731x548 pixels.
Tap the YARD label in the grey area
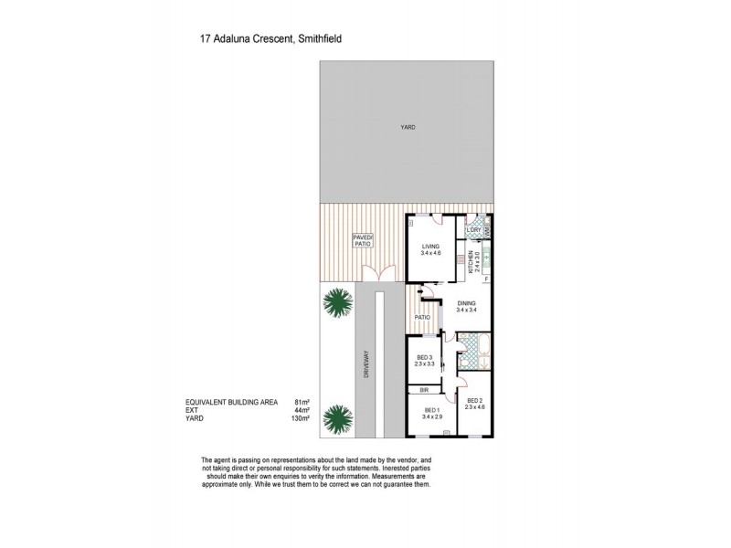point(407,127)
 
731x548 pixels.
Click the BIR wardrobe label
point(424,389)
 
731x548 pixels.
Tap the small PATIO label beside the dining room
point(422,317)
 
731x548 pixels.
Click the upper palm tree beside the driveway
point(339,304)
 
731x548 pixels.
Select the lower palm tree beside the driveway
point(339,419)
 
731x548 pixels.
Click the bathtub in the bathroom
point(474,346)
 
